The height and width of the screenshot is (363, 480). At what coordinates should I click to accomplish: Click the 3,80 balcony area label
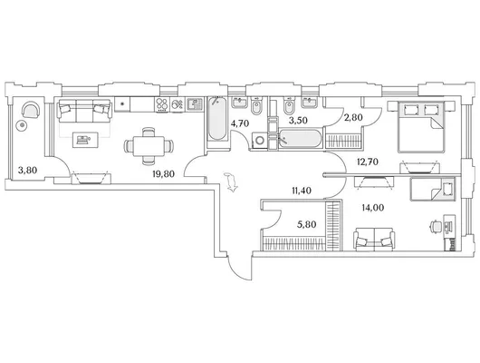coord(27,170)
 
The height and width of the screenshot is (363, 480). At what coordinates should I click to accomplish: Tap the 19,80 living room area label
coord(163,174)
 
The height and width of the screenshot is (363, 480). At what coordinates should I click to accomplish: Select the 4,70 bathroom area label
coord(240,123)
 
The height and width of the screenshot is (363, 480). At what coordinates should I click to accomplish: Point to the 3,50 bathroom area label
coord(298,121)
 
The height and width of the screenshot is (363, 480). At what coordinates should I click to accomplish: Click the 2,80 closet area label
coord(353,118)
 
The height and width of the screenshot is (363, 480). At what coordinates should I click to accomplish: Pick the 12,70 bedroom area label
coord(368,162)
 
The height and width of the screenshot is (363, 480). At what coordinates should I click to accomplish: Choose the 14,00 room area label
coord(373,208)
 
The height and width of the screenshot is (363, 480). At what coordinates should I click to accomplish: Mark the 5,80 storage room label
coord(307,224)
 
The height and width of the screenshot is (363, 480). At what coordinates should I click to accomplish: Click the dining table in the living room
coord(149,145)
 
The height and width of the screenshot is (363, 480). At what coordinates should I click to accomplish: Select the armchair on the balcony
coord(31,110)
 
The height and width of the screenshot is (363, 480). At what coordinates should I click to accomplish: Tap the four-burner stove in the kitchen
coord(162,104)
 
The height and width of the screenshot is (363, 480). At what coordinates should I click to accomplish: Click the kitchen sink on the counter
coord(194,104)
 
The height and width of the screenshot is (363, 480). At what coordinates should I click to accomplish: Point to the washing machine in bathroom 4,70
coord(260,141)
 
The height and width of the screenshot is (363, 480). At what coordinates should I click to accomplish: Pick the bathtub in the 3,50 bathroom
coord(300,139)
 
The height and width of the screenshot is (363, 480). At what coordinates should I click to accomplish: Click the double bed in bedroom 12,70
coord(421,127)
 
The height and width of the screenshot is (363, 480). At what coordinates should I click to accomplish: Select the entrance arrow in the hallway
coord(231,182)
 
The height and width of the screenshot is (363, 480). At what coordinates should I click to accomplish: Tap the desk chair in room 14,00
coord(436,227)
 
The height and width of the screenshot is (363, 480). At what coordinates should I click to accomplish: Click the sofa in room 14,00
coord(374,240)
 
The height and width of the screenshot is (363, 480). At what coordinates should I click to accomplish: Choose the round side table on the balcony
coord(22,126)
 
